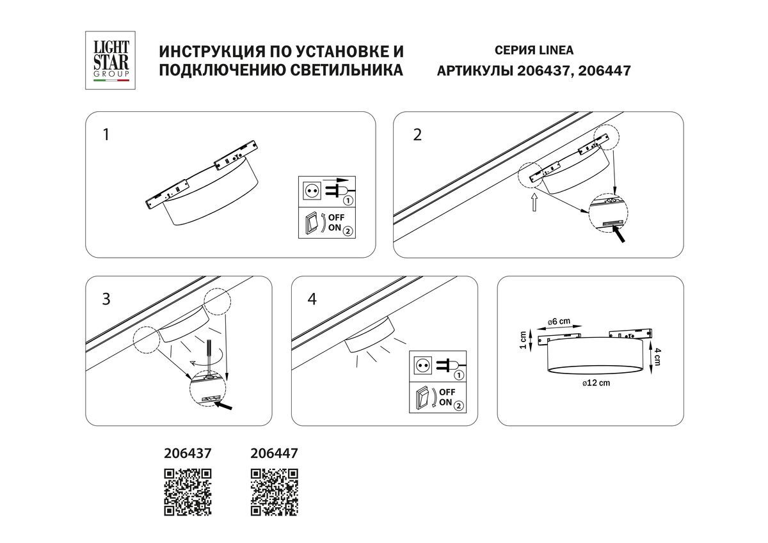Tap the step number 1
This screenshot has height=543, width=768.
tap(106, 135)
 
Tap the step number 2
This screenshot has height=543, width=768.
tap(417, 135)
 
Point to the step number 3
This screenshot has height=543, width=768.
tap(106, 299)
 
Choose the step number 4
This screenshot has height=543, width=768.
tap(312, 299)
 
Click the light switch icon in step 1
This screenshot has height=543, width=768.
tap(312, 223)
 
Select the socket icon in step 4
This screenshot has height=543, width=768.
tap(422, 366)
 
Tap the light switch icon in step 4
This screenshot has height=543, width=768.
tap(421, 398)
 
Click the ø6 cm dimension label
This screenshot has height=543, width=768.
tap(559, 322)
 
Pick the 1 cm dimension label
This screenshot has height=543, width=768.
tap(524, 340)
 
